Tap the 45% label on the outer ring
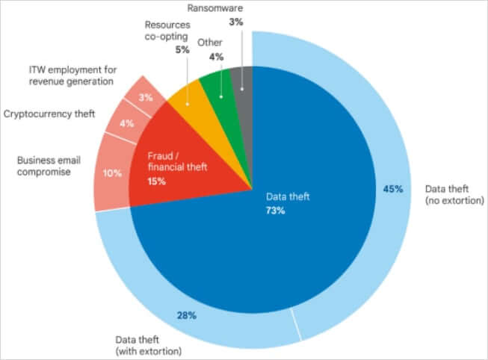pos(393,189)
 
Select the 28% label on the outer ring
pos(186,315)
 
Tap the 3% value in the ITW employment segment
pos(146,97)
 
